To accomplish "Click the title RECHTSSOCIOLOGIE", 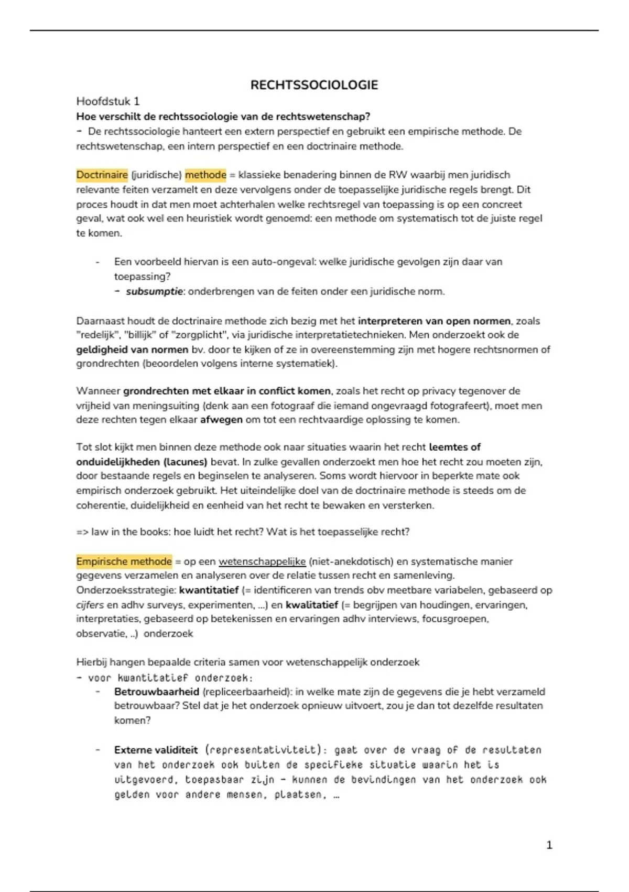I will click(x=314, y=85).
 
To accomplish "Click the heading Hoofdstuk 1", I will click(x=108, y=101).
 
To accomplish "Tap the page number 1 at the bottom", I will click(x=549, y=845).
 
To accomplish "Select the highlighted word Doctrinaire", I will click(x=102, y=175).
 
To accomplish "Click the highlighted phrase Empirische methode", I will click(x=124, y=561).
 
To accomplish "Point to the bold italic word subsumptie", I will click(x=154, y=291).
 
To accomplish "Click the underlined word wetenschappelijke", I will click(x=262, y=561).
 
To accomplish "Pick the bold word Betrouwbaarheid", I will click(x=157, y=692).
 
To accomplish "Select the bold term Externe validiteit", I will click(x=156, y=750).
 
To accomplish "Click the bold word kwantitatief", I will click(x=209, y=590).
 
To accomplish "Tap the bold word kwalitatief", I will click(x=312, y=605).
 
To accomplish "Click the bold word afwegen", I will click(x=221, y=420).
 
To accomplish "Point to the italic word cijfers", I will click(x=90, y=605).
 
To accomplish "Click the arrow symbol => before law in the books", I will click(x=82, y=532).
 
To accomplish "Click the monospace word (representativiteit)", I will click(x=263, y=750).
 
